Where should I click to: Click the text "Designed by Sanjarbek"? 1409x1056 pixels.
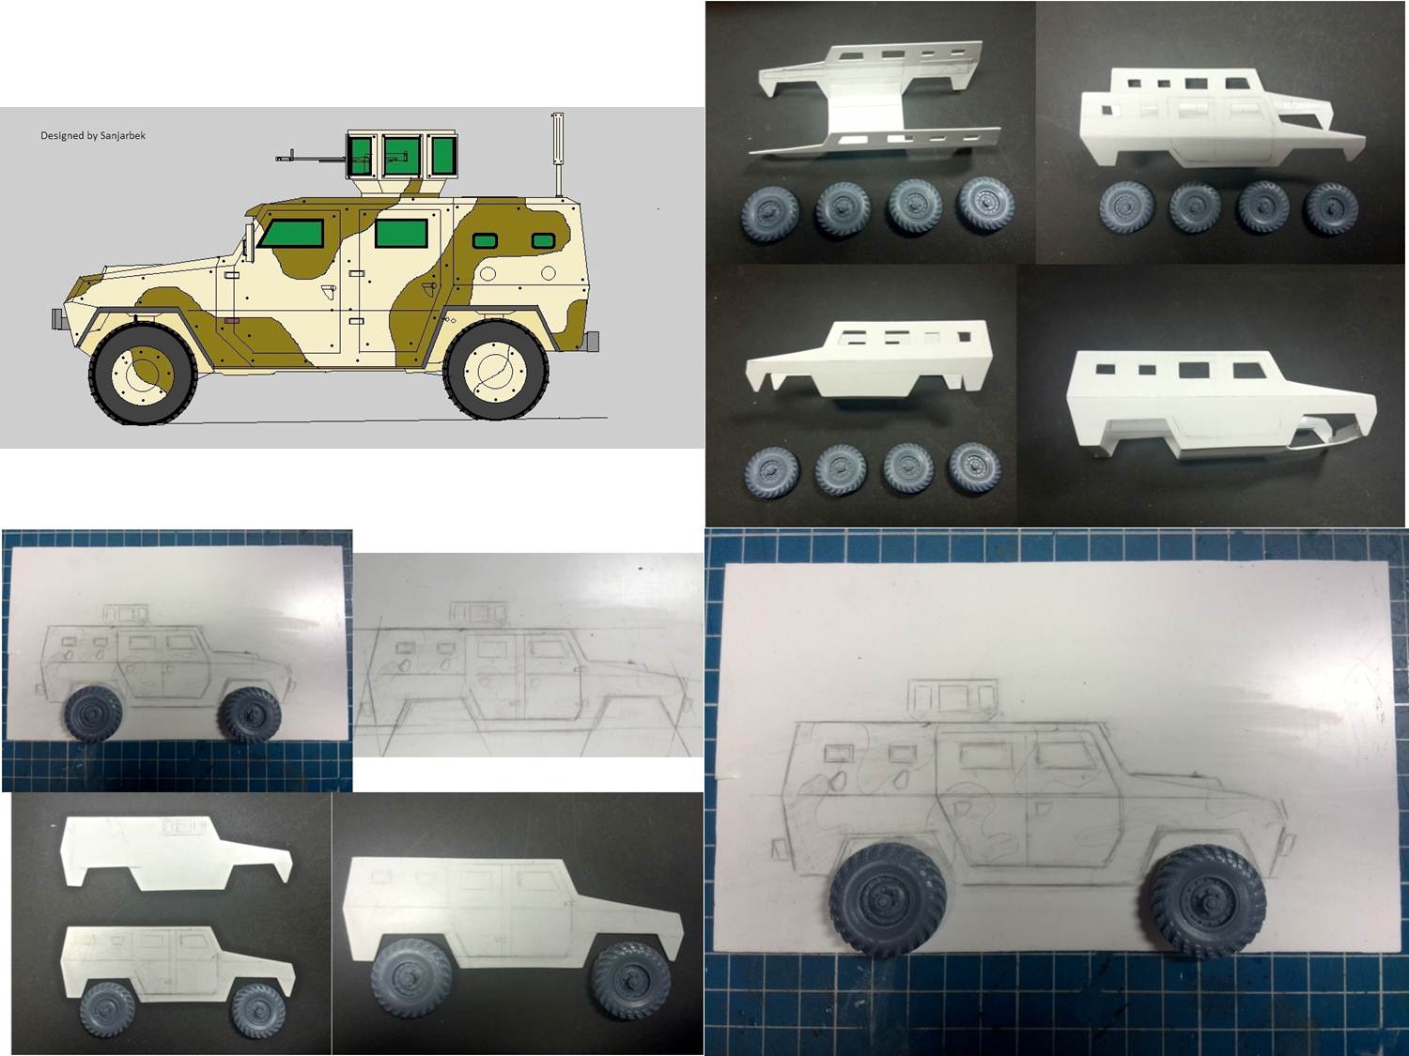pyautogui.click(x=93, y=135)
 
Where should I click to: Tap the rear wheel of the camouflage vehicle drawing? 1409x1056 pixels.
pyautogui.click(x=496, y=370)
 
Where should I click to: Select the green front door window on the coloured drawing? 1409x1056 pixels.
pyautogui.click(x=291, y=233)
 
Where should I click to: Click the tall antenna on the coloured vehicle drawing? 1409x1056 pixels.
pyautogui.click(x=558, y=155)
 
